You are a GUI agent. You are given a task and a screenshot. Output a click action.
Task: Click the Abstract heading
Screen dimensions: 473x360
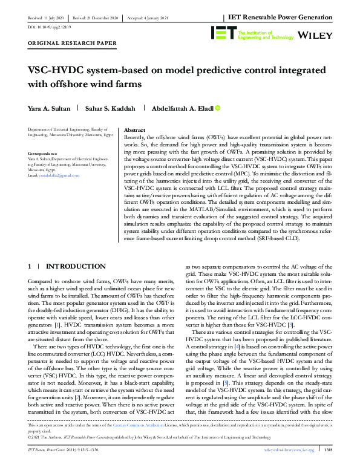coord(134,130)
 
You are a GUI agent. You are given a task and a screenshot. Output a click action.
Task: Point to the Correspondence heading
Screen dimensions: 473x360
coord(43,154)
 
